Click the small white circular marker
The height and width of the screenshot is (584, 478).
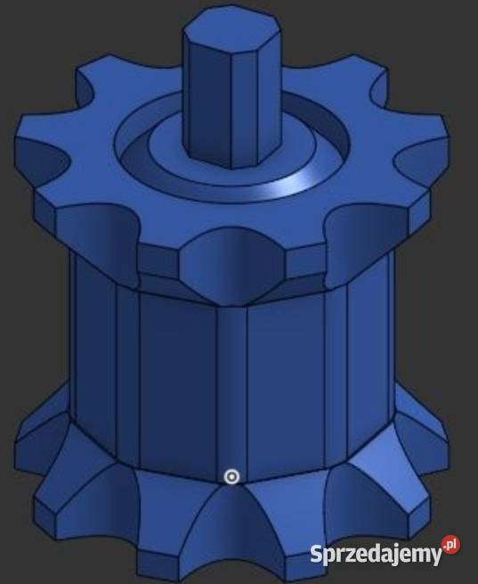231,477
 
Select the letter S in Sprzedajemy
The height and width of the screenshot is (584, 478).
317,554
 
